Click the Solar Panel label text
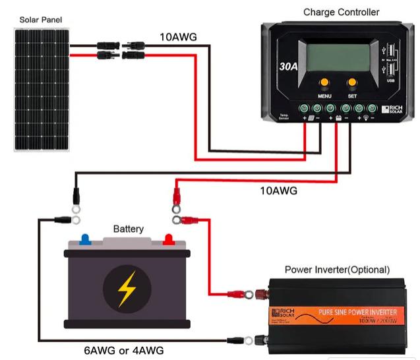40,20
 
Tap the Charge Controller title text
341,12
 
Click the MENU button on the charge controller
324,84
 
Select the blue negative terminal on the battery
85,238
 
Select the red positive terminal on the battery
168,238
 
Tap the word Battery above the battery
128,229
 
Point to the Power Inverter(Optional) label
337,270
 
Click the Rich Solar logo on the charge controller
394,110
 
